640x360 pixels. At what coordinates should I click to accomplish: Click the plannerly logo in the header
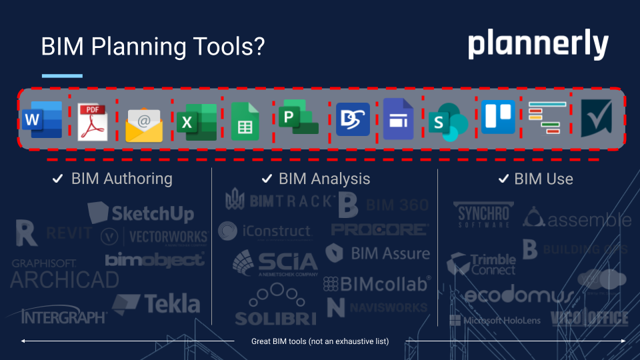537,45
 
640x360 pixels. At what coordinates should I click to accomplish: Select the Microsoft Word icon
42,119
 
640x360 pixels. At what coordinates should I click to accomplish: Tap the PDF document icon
92,121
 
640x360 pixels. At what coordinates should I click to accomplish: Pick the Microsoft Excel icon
196,121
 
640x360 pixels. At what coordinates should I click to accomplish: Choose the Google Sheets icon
245,121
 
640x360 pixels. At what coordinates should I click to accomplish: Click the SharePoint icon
447,123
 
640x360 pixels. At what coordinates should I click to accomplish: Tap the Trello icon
498,117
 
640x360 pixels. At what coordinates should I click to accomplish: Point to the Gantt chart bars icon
547,119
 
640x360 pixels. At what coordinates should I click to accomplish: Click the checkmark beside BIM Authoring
58,179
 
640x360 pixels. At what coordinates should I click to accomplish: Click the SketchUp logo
141,213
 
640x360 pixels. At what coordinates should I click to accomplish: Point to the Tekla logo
156,304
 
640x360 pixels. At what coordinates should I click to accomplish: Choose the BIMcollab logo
377,284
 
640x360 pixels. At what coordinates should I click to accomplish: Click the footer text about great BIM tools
319,341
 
